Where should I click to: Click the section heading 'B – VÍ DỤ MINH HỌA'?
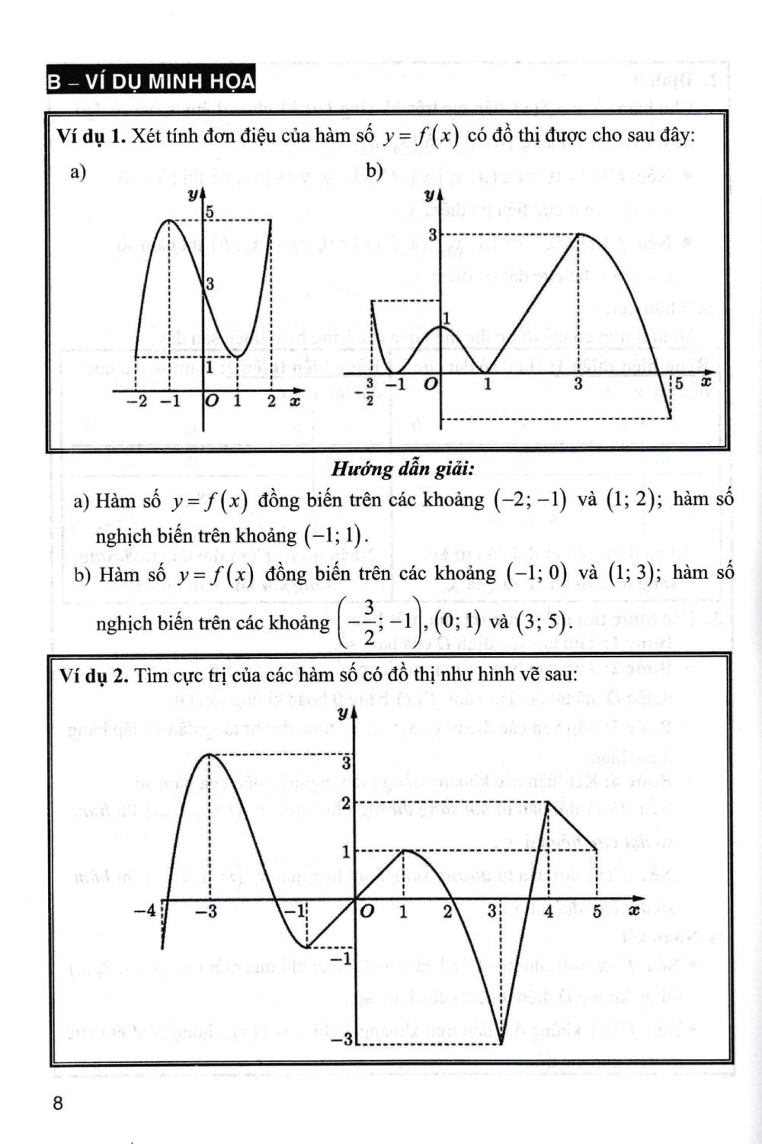click(x=150, y=81)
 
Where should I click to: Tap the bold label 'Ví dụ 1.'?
click(x=91, y=137)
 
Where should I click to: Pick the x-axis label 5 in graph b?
click(x=679, y=384)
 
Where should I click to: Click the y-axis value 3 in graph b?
click(x=432, y=236)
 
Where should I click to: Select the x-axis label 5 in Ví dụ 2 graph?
click(x=597, y=911)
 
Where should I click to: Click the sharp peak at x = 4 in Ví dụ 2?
click(x=548, y=803)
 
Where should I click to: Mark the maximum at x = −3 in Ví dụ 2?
click(x=209, y=754)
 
